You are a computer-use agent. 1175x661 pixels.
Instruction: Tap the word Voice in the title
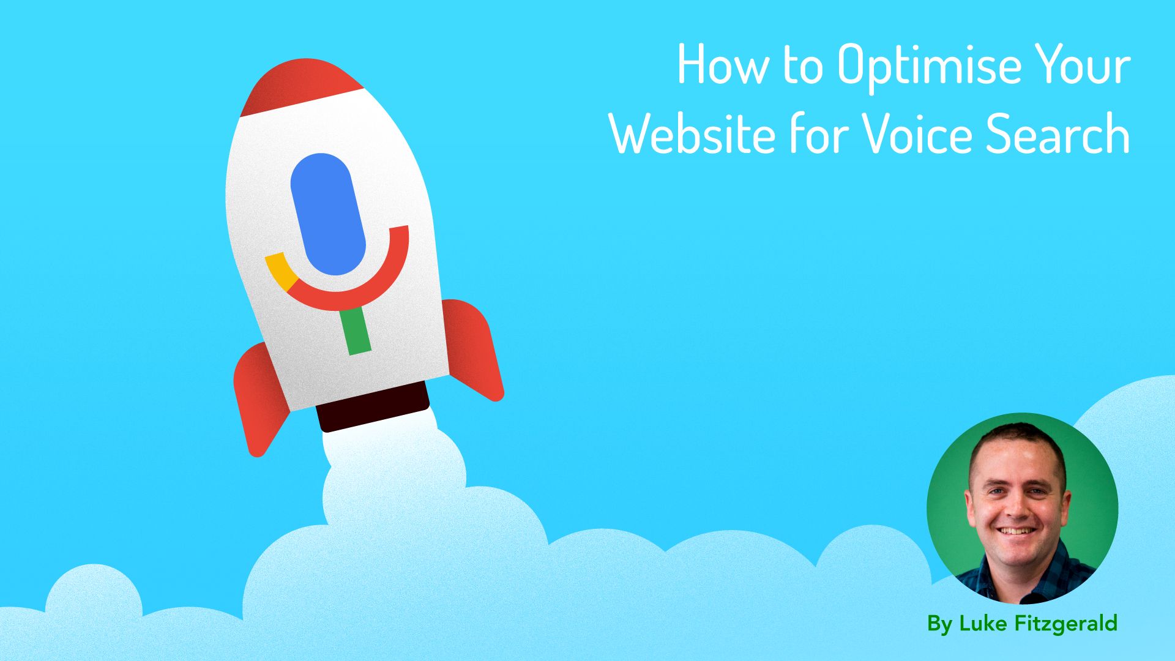[917, 135]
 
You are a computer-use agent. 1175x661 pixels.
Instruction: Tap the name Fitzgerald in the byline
[1065, 624]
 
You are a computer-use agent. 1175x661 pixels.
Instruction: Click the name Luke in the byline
[983, 624]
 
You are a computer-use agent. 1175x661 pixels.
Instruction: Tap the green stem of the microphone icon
[356, 330]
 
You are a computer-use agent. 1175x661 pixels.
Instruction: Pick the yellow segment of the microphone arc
[280, 270]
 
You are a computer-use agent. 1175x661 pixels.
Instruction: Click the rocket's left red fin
[260, 398]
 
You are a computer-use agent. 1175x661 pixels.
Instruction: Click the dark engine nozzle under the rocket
[373, 406]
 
